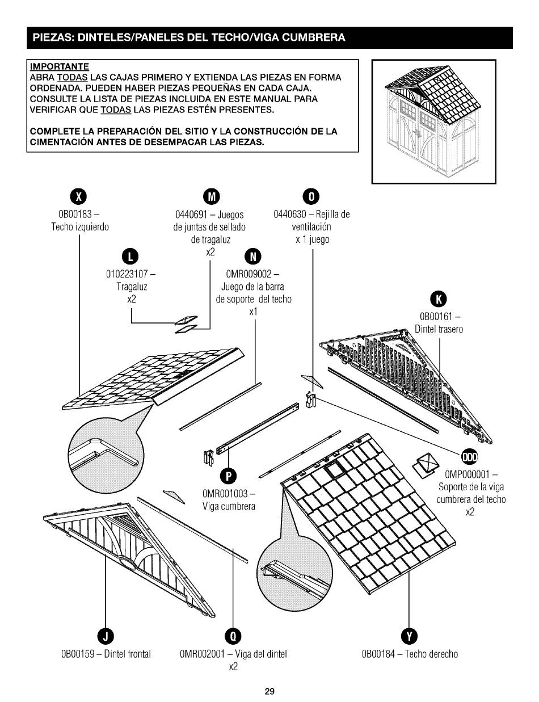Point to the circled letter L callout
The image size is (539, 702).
tap(131, 257)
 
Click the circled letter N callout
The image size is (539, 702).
tap(254, 257)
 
